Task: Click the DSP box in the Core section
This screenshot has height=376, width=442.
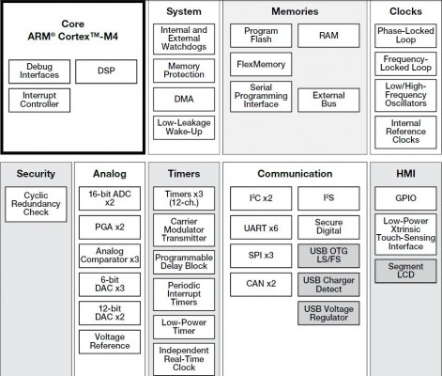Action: point(106,71)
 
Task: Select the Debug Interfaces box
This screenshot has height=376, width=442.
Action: point(39,71)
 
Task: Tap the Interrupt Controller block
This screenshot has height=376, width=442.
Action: point(39,101)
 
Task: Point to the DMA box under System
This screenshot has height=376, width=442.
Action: point(184,100)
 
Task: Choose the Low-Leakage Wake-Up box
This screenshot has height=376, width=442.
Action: point(184,128)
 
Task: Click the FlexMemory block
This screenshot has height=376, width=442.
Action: point(261,64)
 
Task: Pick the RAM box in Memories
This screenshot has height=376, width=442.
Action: point(328,36)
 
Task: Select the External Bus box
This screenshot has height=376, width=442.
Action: point(328,100)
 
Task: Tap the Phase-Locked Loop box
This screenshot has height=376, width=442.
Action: point(405,36)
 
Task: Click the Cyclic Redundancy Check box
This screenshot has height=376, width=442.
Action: point(36,204)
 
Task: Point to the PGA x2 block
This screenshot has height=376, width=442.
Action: point(110,227)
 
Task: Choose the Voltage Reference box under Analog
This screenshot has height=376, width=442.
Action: point(110,342)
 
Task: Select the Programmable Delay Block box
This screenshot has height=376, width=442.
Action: point(184,262)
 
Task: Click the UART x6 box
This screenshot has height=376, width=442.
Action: point(261,227)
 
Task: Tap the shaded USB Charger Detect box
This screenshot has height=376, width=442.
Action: point(328,285)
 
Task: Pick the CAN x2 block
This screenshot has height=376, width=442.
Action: point(261,285)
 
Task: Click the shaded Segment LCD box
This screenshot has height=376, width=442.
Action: point(405,271)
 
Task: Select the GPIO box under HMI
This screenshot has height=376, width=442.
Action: point(405,198)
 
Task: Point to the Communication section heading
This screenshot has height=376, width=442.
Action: point(295,174)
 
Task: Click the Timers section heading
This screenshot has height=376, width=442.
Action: point(184,174)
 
